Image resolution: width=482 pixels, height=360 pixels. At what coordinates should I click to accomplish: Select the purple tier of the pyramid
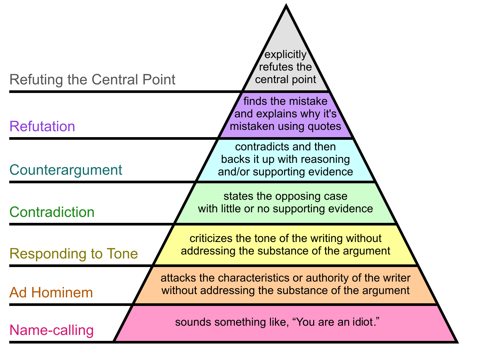click(x=286, y=114)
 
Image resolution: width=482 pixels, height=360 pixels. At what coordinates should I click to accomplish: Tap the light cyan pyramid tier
click(x=286, y=160)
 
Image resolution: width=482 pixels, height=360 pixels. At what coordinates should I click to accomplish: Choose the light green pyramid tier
click(x=286, y=203)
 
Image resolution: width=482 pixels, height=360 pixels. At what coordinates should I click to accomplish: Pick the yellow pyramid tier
click(x=286, y=245)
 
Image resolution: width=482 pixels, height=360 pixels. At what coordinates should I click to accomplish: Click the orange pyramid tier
click(x=286, y=285)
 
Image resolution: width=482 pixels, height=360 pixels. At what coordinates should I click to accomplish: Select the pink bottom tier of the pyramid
click(x=286, y=323)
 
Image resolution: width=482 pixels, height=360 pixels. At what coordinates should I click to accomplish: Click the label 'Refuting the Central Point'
click(x=92, y=80)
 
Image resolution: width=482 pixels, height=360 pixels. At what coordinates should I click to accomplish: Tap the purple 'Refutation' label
click(x=43, y=127)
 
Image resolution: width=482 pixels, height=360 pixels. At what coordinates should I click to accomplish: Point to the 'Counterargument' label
click(x=66, y=170)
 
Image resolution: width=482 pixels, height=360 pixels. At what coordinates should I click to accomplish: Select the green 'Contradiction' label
click(x=52, y=212)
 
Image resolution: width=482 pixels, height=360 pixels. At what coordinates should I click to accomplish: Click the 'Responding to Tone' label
click(x=74, y=254)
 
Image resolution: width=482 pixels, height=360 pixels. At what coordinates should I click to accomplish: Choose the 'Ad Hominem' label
click(x=51, y=293)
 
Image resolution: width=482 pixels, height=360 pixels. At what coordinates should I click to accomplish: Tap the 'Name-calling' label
click(x=52, y=330)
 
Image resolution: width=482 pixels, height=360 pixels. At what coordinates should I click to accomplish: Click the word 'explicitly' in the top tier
click(x=286, y=55)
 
